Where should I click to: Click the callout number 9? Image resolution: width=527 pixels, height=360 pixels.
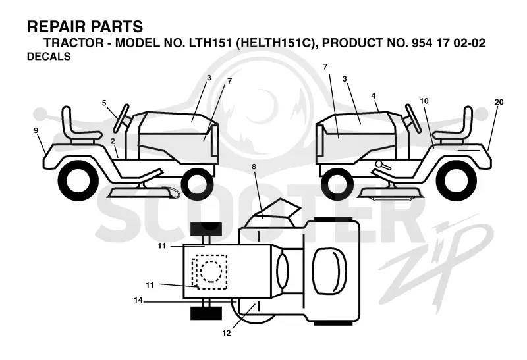pos(36,130)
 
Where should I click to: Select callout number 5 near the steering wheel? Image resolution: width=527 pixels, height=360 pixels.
pos(104,103)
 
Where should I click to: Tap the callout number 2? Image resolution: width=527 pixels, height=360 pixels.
pos(113,141)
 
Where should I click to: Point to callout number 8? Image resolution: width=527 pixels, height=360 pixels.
pos(254,167)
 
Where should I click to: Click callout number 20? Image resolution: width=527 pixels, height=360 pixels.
pos(499,102)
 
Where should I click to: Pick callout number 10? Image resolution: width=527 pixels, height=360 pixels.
pos(424,101)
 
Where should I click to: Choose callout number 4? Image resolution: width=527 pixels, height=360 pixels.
pos(374,95)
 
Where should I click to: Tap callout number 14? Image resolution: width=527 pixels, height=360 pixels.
pos(138,300)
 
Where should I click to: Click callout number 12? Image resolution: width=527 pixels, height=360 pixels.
pos(227,333)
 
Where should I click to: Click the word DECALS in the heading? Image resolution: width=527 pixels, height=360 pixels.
pos(49,56)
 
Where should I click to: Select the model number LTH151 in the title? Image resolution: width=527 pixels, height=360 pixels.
pos(210,43)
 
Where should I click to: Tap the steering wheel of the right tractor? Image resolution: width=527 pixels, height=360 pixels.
pos(413,118)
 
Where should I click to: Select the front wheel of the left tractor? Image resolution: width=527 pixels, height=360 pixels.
pos(197,184)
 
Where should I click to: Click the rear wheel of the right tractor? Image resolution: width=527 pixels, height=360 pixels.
pos(456,180)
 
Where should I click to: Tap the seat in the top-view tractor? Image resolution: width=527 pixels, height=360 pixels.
pos(329,270)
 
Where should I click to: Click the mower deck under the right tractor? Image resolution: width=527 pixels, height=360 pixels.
pos(390,194)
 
